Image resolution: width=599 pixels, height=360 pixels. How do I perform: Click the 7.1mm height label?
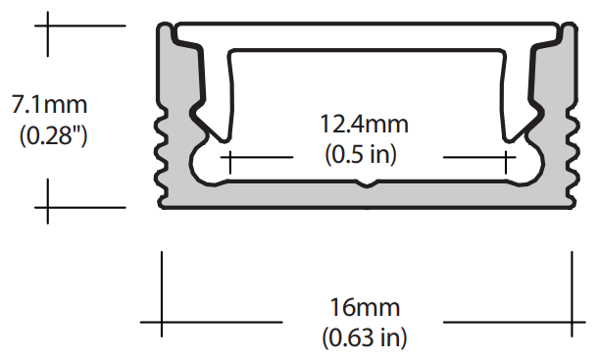50,104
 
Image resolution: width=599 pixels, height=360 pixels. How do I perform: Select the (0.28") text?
54,135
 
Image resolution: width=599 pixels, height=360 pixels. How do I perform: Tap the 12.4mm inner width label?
364,125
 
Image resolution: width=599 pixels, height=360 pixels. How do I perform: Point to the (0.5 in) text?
361,155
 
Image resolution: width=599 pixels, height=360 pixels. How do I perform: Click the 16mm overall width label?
365,308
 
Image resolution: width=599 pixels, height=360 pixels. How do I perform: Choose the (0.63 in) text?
365,337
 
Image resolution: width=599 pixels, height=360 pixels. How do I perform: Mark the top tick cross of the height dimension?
48,26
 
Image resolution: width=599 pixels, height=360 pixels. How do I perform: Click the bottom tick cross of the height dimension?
48,208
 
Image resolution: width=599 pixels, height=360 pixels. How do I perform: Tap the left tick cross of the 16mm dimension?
162,322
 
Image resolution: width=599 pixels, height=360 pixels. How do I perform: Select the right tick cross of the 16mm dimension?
572,322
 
